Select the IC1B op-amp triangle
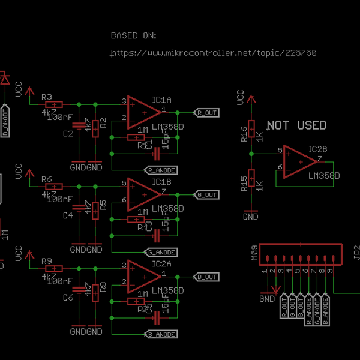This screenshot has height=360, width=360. (143, 194)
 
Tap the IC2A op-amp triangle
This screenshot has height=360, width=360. (143, 276)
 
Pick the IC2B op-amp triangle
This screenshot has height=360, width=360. (299, 161)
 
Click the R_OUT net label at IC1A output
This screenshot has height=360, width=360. (208, 112)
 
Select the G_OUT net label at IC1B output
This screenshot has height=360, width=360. (208, 194)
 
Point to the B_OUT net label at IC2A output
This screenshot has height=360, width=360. (208, 277)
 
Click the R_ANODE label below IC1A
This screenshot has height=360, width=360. (161, 170)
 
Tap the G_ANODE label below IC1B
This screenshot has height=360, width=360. (161, 252)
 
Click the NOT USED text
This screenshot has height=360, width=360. (296, 125)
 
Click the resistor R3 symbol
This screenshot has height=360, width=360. (55, 104)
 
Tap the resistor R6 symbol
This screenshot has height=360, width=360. (55, 187)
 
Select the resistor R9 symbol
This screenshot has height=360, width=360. (55, 269)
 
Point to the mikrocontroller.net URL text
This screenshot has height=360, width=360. (214, 53)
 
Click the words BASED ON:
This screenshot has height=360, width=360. (134, 35)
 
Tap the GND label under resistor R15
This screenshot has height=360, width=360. (251, 217)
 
